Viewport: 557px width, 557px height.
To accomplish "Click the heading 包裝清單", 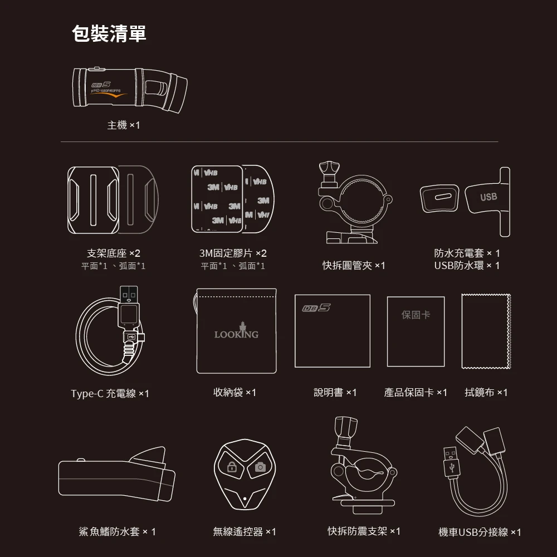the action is click(109, 34).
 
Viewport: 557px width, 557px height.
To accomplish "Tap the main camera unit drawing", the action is click(130, 90).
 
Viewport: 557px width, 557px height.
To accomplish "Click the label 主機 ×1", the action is click(124, 125).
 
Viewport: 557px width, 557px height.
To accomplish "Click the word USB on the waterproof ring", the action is click(488, 197).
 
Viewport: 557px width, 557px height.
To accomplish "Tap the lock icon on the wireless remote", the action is click(232, 467).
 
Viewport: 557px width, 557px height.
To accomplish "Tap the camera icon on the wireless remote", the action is click(260, 467).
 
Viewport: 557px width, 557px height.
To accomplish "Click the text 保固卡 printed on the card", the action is click(416, 315).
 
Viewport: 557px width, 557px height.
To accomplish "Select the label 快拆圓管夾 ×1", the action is click(354, 265).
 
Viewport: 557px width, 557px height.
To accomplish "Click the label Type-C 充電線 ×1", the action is click(110, 394).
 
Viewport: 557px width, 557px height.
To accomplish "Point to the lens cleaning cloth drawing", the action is click(486, 331).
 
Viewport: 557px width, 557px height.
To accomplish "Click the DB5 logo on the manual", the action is click(316, 307).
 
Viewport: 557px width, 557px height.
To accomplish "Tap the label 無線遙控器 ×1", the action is click(245, 531).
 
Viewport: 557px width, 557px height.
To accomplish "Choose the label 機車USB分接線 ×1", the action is click(480, 532).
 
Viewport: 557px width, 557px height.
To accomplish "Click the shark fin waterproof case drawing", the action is click(117, 474).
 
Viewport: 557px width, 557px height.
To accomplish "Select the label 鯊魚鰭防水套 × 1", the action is click(117, 531).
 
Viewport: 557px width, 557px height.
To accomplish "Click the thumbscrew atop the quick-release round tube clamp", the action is click(329, 170).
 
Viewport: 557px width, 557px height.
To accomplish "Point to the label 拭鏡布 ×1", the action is click(486, 392).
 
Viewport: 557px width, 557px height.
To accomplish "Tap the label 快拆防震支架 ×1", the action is click(364, 531).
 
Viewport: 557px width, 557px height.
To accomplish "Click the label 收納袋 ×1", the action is click(234, 392).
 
